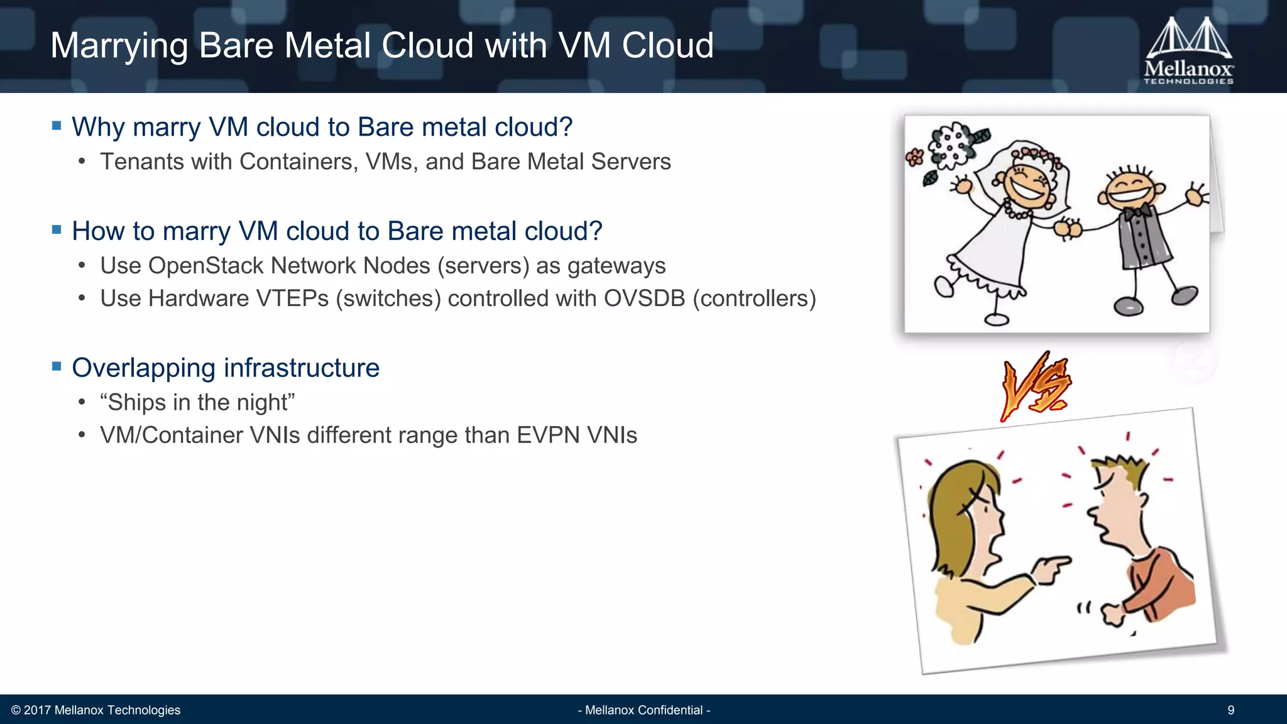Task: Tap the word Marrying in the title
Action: [x=119, y=47]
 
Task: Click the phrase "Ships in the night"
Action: [x=197, y=402]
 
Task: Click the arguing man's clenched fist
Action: [x=1112, y=613]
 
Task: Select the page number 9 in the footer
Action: [x=1230, y=710]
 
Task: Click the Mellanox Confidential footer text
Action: [x=643, y=710]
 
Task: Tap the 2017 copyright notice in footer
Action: [x=96, y=710]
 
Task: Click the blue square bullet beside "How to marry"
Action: [x=57, y=230]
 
